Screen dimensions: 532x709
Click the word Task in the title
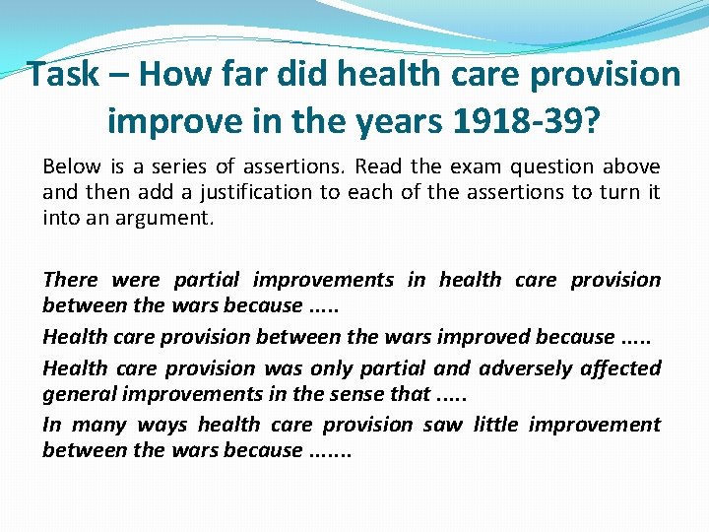[x=63, y=74]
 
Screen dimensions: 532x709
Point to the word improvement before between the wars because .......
[x=594, y=425]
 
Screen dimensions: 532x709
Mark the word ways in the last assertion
[x=163, y=425]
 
